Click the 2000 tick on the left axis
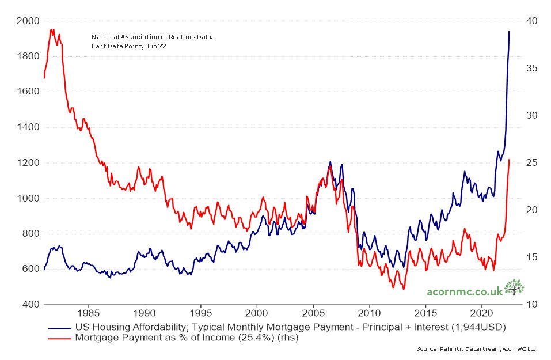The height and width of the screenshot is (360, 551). pos(28,21)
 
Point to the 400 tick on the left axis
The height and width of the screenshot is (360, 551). pos(28,304)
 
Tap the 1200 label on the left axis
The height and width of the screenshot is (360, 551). pos(28,162)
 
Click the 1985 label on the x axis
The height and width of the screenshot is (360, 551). pos(89,314)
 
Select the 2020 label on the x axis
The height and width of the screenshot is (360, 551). pos(481,314)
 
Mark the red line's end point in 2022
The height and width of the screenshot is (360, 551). pos(509,160)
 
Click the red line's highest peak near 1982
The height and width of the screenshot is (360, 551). pos(52,29)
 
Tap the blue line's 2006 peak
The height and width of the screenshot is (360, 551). pos(330,162)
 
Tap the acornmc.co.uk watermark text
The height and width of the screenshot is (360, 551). pos(464,291)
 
